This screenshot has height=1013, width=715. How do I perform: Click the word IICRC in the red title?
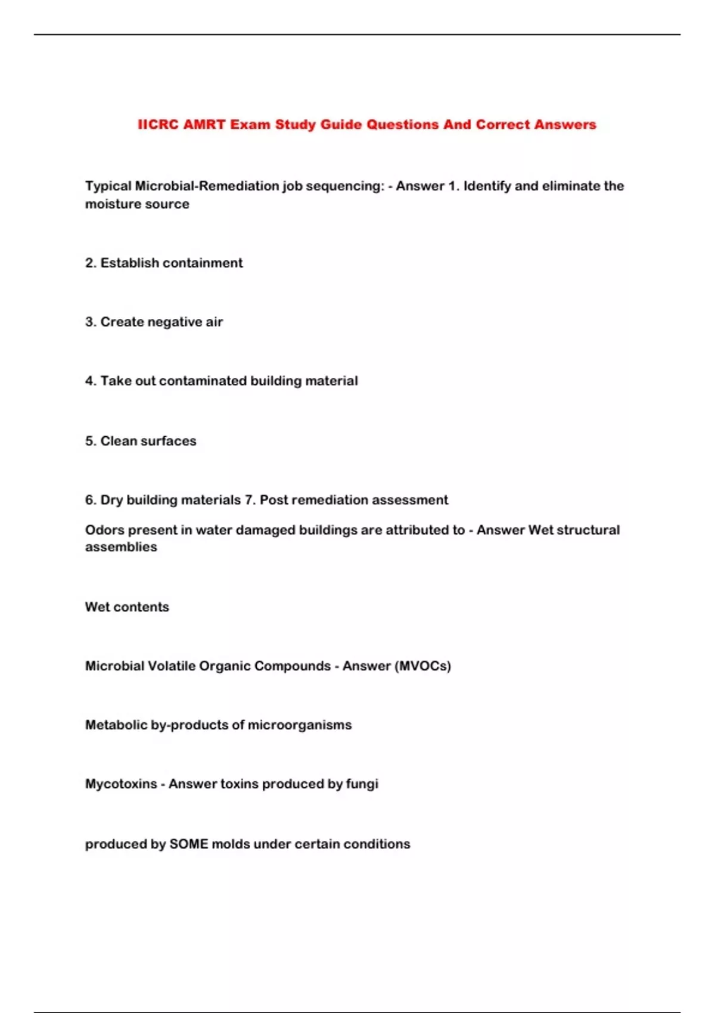tap(158, 125)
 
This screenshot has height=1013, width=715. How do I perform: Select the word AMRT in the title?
tap(204, 125)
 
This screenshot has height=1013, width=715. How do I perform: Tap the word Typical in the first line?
tap(108, 186)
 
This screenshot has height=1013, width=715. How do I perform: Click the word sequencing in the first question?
tap(345, 186)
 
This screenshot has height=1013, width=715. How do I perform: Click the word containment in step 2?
tap(203, 263)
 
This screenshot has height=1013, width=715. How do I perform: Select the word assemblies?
tap(121, 547)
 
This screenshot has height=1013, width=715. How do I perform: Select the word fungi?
tap(362, 784)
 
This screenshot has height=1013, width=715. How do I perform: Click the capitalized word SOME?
tap(189, 844)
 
